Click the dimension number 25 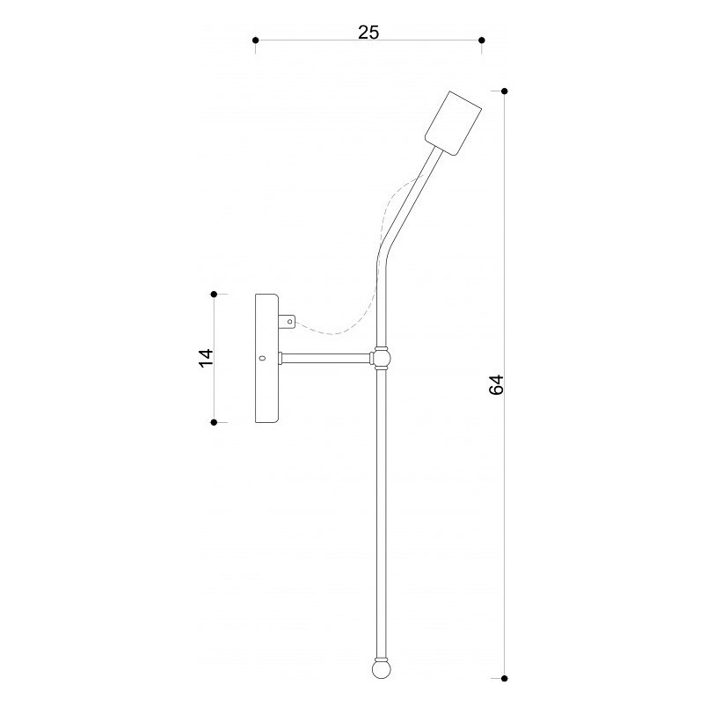(368, 33)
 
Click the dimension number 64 (496, 384)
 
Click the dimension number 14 (206, 358)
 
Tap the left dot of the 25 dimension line (256, 40)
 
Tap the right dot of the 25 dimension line (482, 40)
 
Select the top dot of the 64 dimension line (505, 91)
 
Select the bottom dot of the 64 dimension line (505, 678)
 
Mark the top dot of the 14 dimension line (215, 295)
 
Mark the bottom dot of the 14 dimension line (215, 422)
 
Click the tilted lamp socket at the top (453, 123)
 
